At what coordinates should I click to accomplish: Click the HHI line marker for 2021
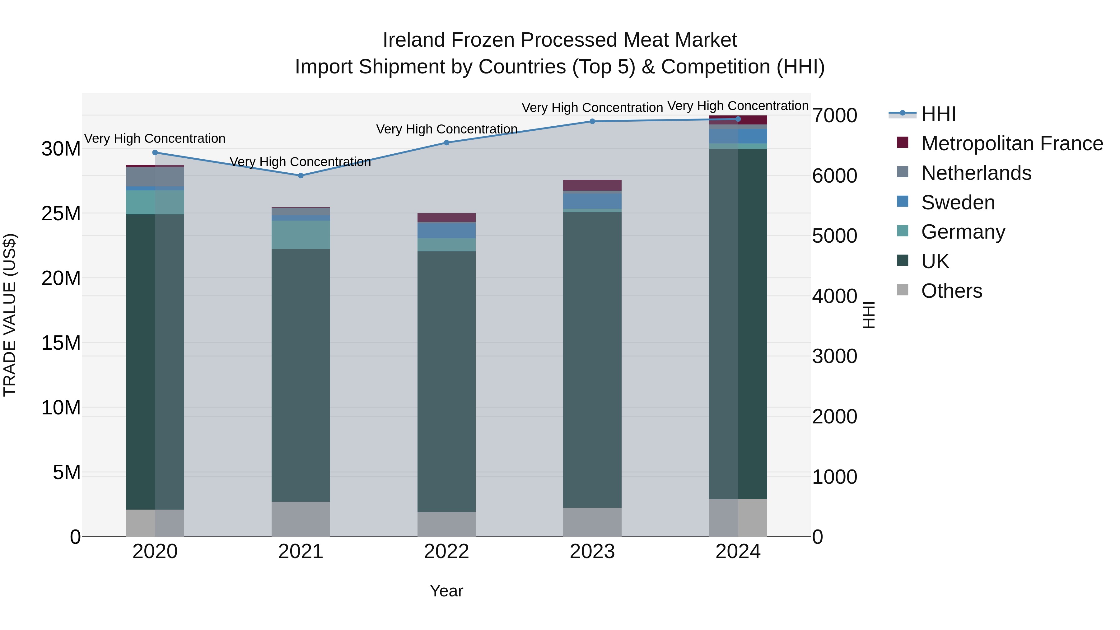click(301, 176)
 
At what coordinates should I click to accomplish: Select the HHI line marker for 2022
click(446, 142)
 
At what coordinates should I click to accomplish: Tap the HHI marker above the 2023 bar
click(592, 121)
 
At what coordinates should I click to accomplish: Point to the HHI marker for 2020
click(155, 153)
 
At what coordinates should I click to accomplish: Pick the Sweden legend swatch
click(903, 202)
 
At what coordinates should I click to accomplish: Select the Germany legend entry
click(963, 232)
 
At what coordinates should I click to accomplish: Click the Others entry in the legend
click(951, 291)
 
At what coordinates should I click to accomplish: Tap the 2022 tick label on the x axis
click(446, 552)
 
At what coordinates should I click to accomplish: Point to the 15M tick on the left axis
click(61, 343)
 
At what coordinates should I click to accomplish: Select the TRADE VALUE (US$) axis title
click(10, 315)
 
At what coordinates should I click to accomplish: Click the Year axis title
click(446, 591)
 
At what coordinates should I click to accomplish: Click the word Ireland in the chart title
click(414, 40)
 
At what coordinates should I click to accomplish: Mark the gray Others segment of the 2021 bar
click(301, 519)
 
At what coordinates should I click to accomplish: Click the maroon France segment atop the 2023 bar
click(592, 185)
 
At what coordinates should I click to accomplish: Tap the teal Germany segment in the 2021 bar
click(301, 235)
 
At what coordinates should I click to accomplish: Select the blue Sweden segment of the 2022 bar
click(446, 231)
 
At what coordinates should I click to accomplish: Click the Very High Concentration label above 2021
click(301, 162)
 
